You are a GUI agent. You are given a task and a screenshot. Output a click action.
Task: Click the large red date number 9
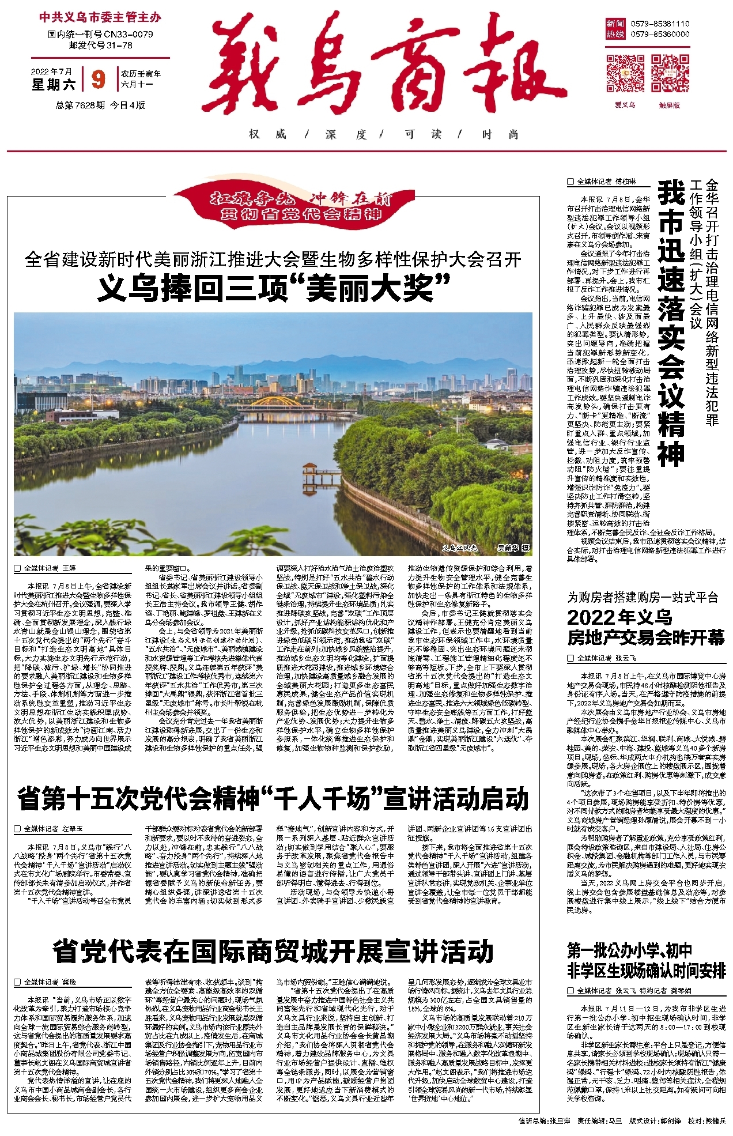(x=99, y=79)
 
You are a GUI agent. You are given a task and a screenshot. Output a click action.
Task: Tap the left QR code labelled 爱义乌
(x=625, y=74)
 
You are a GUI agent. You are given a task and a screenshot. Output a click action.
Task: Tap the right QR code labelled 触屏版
(x=670, y=74)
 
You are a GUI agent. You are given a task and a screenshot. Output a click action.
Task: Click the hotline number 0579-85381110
(x=660, y=24)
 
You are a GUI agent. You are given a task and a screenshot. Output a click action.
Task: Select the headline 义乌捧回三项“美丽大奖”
(x=273, y=288)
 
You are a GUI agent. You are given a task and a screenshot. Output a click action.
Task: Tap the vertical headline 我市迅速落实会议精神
(x=671, y=323)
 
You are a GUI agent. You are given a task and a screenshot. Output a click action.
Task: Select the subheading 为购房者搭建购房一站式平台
(x=643, y=597)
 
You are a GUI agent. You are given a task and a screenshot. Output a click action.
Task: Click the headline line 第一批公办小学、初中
(x=629, y=950)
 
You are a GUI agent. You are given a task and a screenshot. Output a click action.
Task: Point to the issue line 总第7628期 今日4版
(x=100, y=105)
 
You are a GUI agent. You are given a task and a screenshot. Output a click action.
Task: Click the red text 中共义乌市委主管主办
(x=100, y=17)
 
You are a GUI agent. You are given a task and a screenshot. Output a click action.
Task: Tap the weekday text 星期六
(x=54, y=85)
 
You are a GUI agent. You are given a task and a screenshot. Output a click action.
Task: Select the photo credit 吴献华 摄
(x=513, y=548)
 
